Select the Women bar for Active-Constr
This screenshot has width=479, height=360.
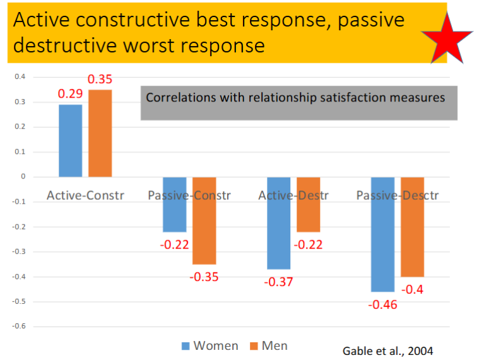(x=70, y=141)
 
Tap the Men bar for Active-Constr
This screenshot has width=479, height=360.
(x=100, y=133)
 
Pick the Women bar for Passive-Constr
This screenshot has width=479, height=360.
(x=175, y=204)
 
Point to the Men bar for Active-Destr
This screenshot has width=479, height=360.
(x=308, y=204)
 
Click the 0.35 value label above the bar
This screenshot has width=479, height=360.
(x=100, y=79)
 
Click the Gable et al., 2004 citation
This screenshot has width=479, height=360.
(x=387, y=351)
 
